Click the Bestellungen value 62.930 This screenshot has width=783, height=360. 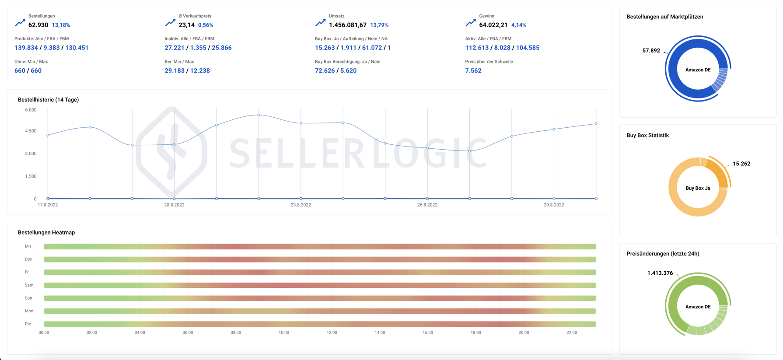coord(38,25)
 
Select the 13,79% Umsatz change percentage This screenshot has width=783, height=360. coord(379,25)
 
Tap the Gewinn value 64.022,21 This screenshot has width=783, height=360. coord(493,25)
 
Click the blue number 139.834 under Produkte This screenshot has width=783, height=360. coord(26,48)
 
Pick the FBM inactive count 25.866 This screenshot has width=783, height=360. coord(222,48)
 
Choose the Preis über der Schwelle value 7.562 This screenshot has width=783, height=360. coord(473,70)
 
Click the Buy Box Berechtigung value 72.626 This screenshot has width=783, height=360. coord(325,70)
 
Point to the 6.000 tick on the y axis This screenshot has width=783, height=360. coord(31,110)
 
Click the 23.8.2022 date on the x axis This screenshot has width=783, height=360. coord(301,205)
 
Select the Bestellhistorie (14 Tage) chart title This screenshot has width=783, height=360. coord(48,100)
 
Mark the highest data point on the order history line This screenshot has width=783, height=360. coord(259,115)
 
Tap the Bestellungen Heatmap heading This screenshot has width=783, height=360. coord(46,232)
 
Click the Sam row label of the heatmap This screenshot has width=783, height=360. coord(29,285)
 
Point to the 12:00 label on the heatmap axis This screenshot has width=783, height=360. coord(332,332)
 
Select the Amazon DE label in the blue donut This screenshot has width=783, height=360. coord(698,70)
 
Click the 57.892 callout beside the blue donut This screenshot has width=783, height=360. coord(651,51)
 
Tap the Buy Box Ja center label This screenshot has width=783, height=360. coord(698,188)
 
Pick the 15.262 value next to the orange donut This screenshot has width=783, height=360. coord(741,164)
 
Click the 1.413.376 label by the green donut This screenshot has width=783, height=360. coord(660,273)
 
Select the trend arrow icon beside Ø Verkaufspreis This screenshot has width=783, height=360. coord(170,22)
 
